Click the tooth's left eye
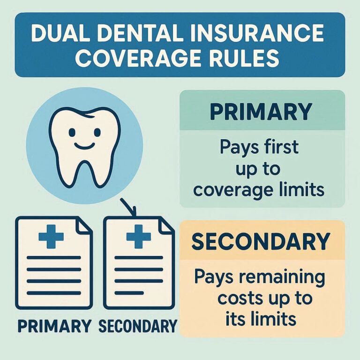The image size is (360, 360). (x=71, y=133)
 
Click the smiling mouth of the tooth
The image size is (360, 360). (x=84, y=146)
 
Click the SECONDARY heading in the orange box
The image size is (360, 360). (x=261, y=241)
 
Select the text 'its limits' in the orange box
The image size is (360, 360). (x=261, y=319)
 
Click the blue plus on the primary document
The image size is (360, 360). (x=51, y=236)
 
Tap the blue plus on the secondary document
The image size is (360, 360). (x=139, y=236)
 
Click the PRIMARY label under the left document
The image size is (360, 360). (x=53, y=325)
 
